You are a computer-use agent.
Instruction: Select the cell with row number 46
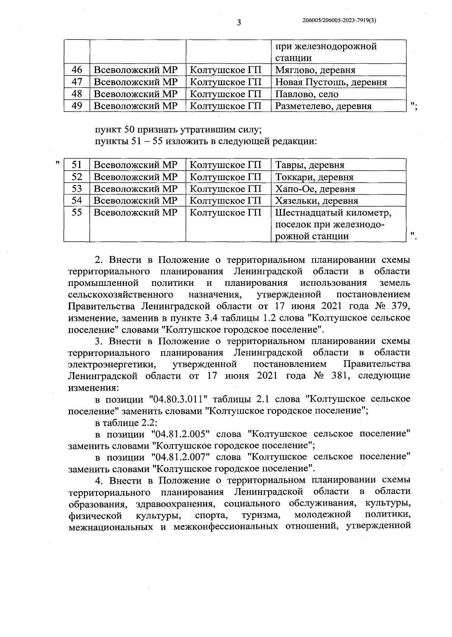(x=77, y=70)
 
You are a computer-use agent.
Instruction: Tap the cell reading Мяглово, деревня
(x=315, y=70)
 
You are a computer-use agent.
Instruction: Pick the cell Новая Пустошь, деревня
(x=331, y=82)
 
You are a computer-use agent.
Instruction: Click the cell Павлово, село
(x=307, y=94)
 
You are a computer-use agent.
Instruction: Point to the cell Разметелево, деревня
(x=324, y=106)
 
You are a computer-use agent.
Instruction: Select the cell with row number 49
(x=77, y=106)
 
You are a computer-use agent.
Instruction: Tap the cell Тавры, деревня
(x=310, y=165)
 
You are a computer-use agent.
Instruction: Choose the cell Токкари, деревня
(x=314, y=177)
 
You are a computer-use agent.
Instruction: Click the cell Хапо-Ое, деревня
(x=315, y=189)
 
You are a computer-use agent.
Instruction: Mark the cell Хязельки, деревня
(x=316, y=201)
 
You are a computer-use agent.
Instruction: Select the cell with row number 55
(x=77, y=213)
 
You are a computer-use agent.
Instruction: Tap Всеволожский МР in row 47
(x=136, y=82)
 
